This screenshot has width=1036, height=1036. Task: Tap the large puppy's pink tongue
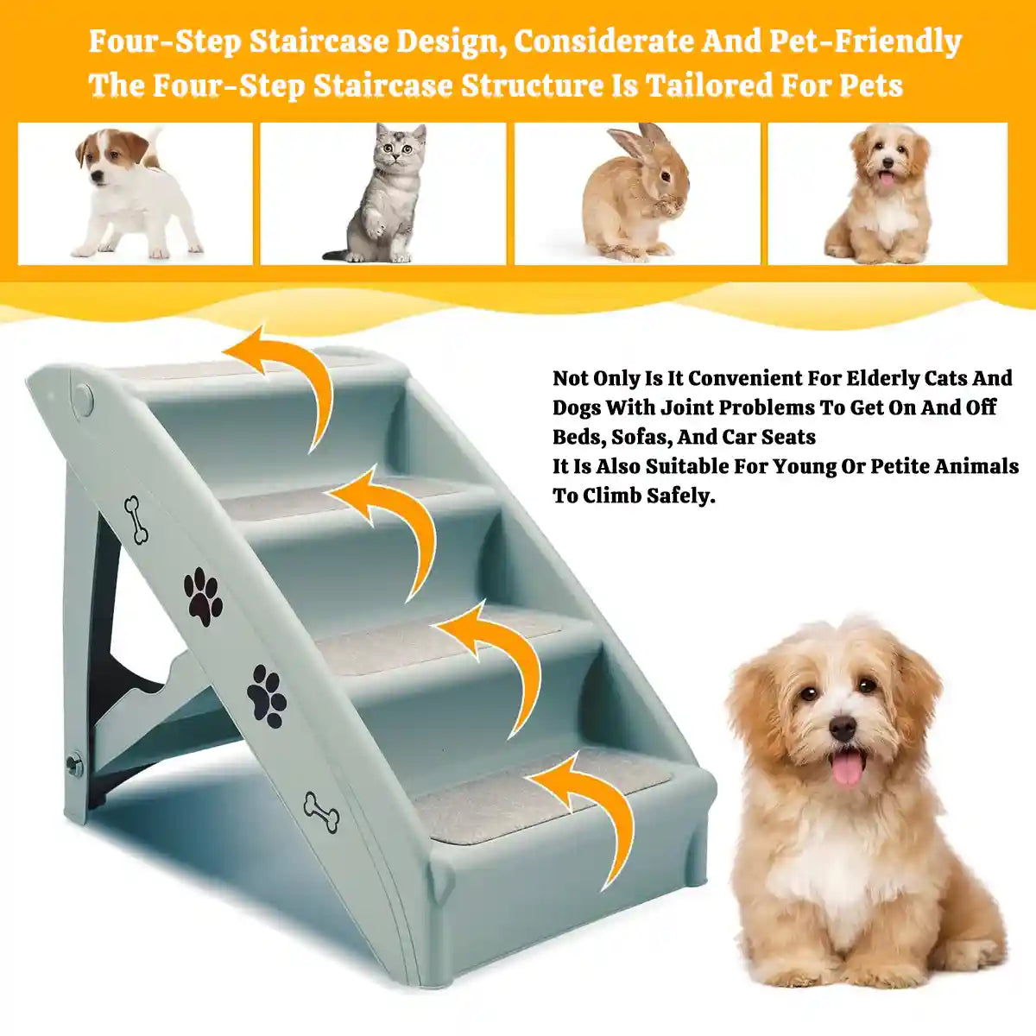pos(847,768)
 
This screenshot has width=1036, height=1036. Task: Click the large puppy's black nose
pos(843,728)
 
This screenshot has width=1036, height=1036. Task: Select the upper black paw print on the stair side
pos(203,597)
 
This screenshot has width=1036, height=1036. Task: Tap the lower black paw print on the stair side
pos(267,695)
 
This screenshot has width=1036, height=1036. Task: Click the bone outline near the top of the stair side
pos(136,520)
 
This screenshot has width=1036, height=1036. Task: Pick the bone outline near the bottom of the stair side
pos(321,812)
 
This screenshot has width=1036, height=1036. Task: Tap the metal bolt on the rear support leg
pos(75,763)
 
